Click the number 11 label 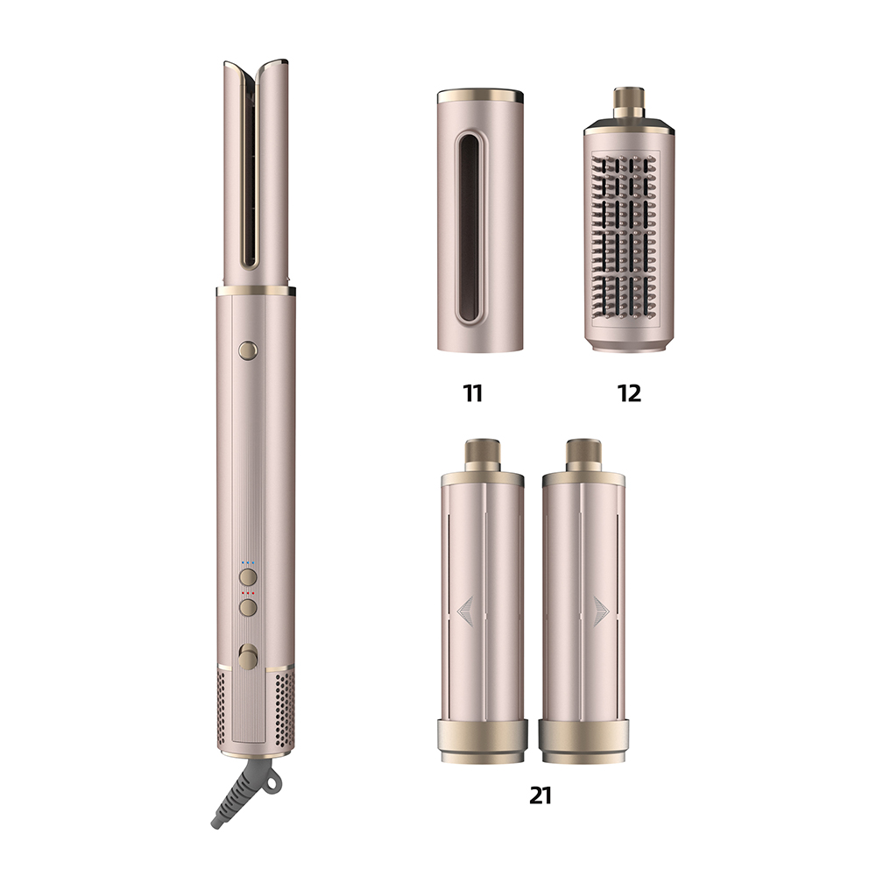pyautogui.click(x=472, y=393)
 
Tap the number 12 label pyautogui.click(x=630, y=393)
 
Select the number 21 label pyautogui.click(x=540, y=795)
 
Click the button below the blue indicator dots pyautogui.click(x=248, y=576)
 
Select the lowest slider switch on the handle pyautogui.click(x=248, y=655)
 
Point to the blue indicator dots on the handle pyautogui.click(x=248, y=562)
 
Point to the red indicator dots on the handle pyautogui.click(x=248, y=593)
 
